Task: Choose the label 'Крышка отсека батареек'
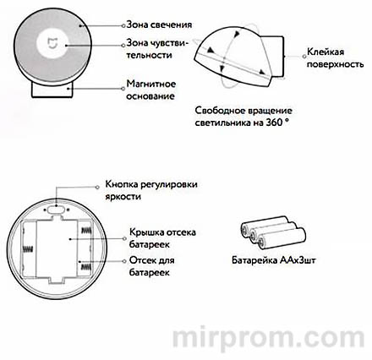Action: pyautogui.click(x=154, y=237)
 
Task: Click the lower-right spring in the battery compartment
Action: pyautogui.click(x=85, y=264)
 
